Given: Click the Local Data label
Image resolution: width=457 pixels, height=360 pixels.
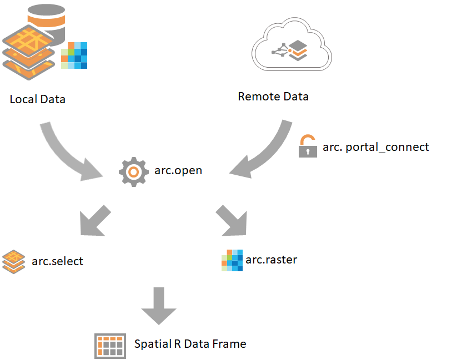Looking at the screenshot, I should coord(37,99).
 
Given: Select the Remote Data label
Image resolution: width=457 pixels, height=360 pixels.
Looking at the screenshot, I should coord(273,97).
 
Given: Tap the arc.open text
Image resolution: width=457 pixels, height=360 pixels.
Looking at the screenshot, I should coord(178,170).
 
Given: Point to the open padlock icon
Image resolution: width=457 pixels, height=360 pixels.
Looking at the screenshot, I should coord(307,146).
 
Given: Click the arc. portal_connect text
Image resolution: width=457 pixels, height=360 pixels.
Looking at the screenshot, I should coord(376,147).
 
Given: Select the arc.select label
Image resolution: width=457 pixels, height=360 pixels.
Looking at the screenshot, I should coord(57,261).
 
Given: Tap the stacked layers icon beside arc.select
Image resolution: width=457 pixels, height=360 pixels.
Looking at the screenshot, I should coord(14,261).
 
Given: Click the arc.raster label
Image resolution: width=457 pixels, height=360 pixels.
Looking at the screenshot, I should coord(272,259).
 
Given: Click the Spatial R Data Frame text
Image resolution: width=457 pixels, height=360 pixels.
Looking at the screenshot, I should coord(190,344).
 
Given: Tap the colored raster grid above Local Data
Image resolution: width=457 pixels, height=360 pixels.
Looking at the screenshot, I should coord(74,55).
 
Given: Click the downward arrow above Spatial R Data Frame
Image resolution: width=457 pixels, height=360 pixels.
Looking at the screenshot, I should coord(159,306).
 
